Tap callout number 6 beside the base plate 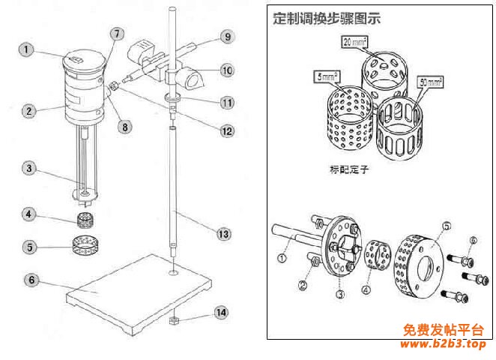click(x=31, y=280)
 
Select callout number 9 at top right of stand click(x=227, y=36)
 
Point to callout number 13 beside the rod click(x=222, y=235)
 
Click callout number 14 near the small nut click(x=220, y=310)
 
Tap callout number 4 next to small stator click(x=28, y=215)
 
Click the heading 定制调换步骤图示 click(x=327, y=18)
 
